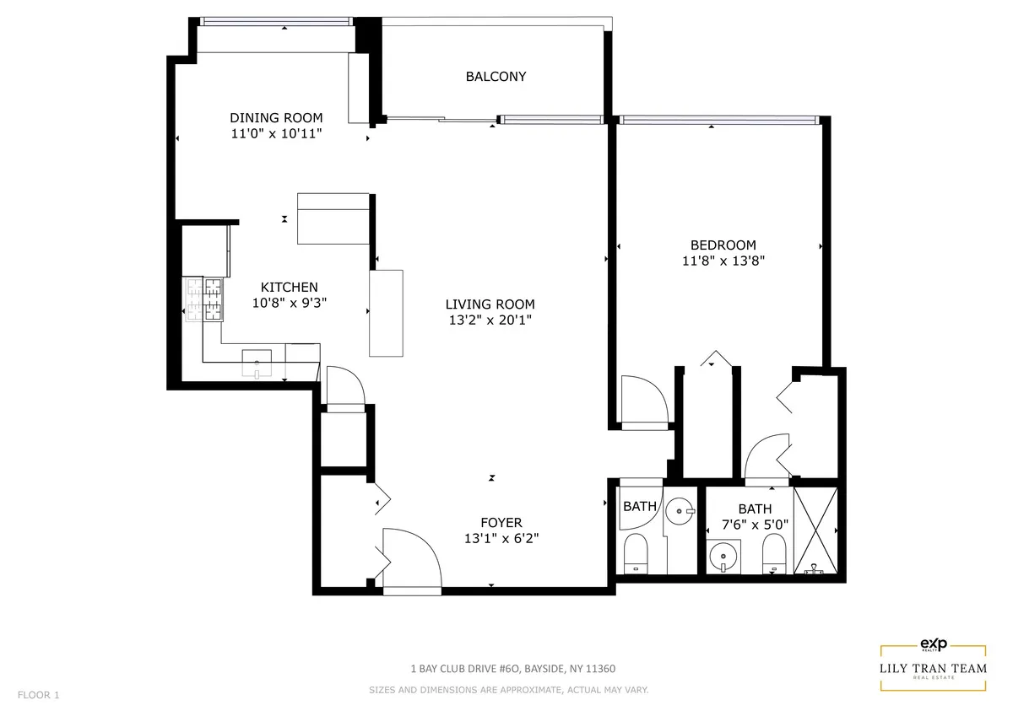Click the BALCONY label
[496, 77]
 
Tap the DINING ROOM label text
[276, 118]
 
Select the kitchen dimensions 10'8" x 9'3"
[289, 304]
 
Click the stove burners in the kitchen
[204, 299]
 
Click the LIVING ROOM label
[490, 304]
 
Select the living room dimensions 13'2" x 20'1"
[490, 320]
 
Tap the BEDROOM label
[723, 245]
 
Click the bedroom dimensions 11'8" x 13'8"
[723, 261]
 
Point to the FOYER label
[501, 523]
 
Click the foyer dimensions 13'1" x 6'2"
[501, 539]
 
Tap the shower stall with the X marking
[816, 530]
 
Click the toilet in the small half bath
[635, 554]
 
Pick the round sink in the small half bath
[680, 511]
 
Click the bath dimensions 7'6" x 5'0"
[755, 524]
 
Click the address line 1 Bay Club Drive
[512, 669]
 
